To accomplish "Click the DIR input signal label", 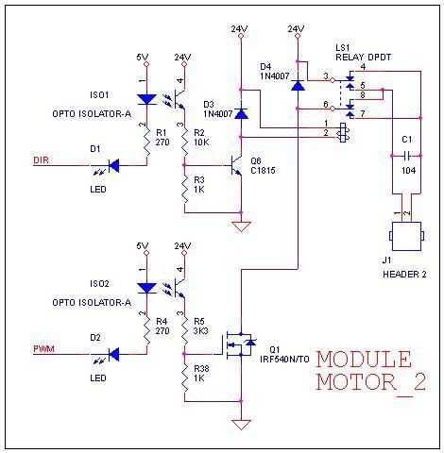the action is (42, 160).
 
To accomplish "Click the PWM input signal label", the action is (43, 349).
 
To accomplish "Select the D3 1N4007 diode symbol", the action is (241, 113).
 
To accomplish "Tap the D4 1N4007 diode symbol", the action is (298, 85).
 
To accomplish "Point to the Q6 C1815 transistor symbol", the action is (235, 165).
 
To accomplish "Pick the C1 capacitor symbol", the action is (406, 156).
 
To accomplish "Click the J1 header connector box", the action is (406, 236).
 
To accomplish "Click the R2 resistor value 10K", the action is (201, 143).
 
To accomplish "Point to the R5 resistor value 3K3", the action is (201, 331).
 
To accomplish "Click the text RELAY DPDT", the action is (363, 58).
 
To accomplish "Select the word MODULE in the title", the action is (364, 360).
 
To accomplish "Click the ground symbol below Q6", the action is (241, 226).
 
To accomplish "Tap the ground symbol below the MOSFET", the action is (241, 425).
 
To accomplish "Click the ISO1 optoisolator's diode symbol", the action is (147, 99).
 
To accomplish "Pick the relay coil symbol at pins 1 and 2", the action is (344, 133).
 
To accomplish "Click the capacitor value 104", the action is (408, 171).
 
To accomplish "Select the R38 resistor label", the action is (201, 369).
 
